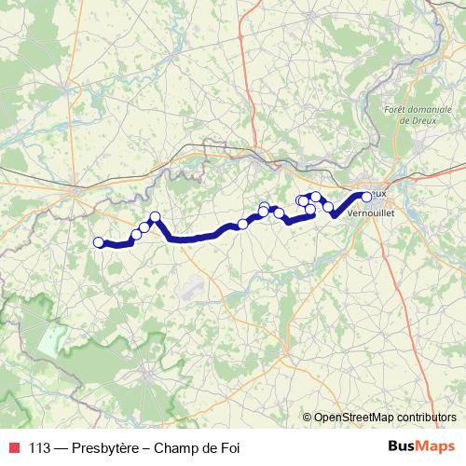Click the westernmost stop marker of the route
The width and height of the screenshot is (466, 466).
pyautogui.click(x=99, y=243)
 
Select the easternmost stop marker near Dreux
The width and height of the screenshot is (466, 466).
pyautogui.click(x=366, y=196)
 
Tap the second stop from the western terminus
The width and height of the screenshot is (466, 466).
pyautogui.click(x=136, y=234)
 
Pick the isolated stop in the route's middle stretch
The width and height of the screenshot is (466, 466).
pyautogui.click(x=243, y=224)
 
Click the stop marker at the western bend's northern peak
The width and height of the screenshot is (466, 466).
pyautogui.click(x=155, y=217)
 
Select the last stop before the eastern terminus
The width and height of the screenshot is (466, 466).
pyautogui.click(x=328, y=207)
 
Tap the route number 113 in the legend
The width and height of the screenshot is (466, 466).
pyautogui.click(x=41, y=447)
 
